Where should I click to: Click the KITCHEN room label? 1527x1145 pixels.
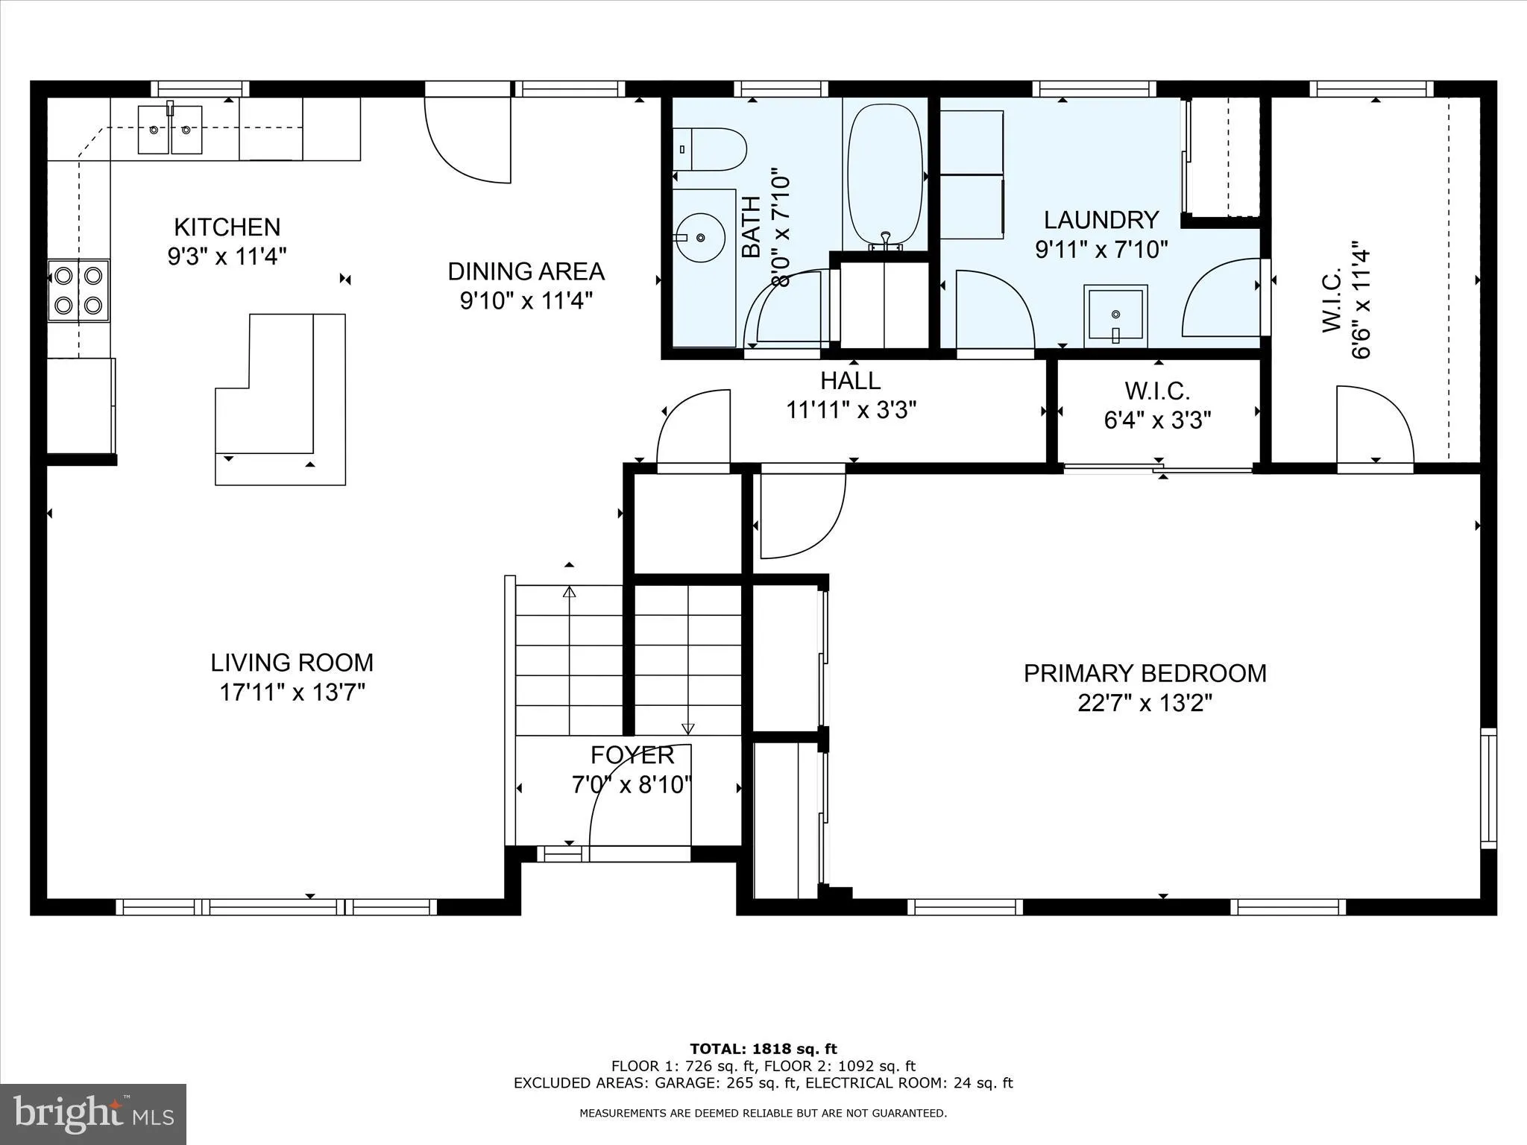pos(227,227)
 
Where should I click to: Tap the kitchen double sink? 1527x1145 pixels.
pos(170,130)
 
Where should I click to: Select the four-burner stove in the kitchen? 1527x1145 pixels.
pos(78,290)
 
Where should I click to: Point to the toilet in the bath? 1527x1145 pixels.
pos(711,149)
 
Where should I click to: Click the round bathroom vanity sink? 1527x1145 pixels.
pos(700,237)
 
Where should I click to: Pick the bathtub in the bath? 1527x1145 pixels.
pos(885,176)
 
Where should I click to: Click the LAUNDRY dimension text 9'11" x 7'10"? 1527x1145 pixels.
pos(1101,249)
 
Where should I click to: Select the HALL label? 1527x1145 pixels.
pos(851,381)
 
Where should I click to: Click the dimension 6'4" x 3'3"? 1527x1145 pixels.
pos(1157,420)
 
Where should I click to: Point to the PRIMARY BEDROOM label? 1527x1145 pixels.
pos(1145,673)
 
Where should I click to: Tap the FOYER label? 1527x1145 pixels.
pos(632,755)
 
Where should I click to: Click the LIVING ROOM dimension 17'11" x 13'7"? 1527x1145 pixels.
pos(292,693)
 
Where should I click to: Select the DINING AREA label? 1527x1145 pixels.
pos(526,271)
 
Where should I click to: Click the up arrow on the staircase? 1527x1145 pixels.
pos(570,593)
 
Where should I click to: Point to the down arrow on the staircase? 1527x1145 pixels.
pos(687,728)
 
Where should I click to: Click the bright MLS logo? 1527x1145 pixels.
pos(93,1114)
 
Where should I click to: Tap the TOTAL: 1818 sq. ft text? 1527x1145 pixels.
pos(763,1049)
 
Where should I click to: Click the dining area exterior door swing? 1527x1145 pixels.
pos(470,142)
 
